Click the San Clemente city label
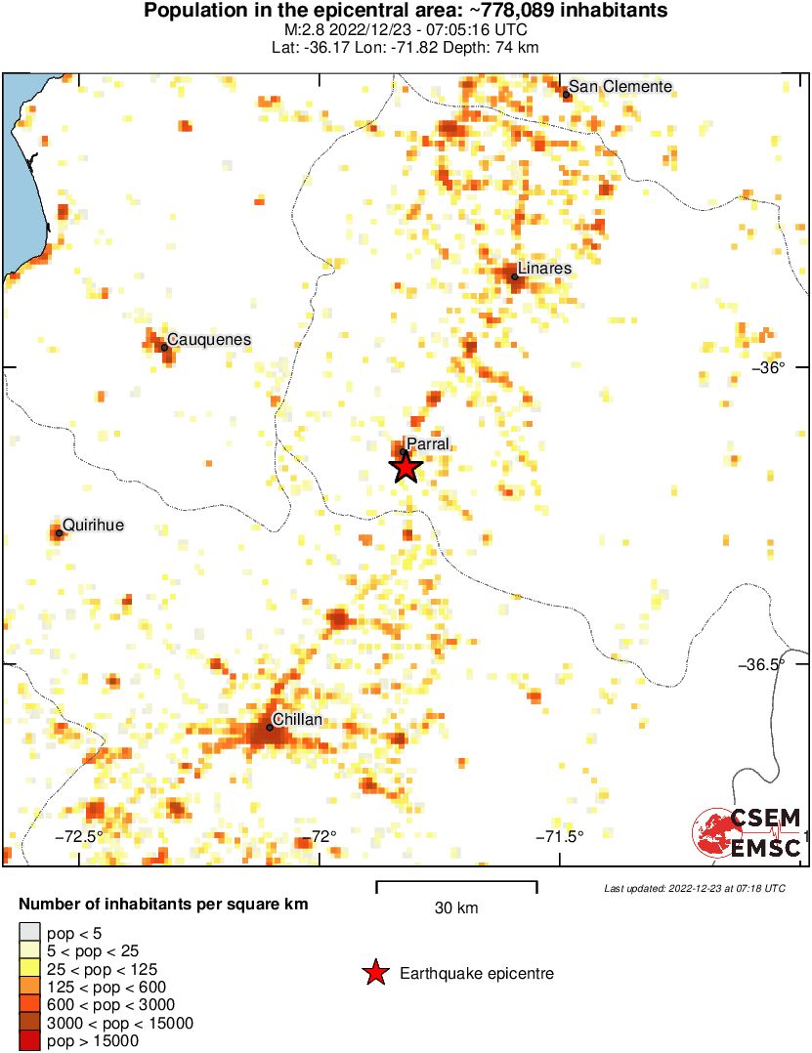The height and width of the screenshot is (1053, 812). tap(620, 86)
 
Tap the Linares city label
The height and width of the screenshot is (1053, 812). tap(544, 268)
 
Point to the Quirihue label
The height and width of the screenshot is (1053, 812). tap(94, 526)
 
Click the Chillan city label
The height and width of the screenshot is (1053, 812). tap(298, 720)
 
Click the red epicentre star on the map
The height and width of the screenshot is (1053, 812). tap(406, 467)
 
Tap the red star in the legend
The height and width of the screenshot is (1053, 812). tap(374, 973)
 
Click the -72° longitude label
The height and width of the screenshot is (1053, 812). tap(322, 836)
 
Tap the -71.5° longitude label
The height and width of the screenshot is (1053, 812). tap(563, 836)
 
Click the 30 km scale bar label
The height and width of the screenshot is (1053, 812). tap(456, 908)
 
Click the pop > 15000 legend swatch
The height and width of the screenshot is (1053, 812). tap(30, 1041)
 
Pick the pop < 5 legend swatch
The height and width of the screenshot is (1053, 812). tap(30, 934)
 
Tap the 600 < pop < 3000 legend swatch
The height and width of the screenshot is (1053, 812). tap(30, 1005)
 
